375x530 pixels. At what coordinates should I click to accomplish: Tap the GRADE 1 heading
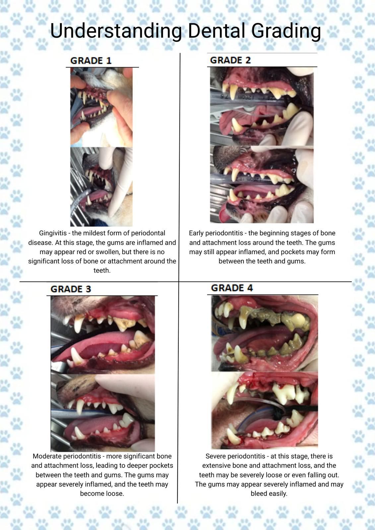[91, 61]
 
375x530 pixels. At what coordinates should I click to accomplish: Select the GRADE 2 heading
[230, 60]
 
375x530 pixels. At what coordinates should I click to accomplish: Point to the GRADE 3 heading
[71, 289]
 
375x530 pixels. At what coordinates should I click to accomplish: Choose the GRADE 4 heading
[232, 288]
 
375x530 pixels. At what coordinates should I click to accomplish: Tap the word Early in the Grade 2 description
[196, 233]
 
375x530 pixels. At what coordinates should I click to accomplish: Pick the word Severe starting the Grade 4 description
[215, 456]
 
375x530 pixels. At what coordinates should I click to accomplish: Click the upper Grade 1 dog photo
[101, 107]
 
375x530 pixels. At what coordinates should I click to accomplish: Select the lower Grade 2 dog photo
[262, 184]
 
